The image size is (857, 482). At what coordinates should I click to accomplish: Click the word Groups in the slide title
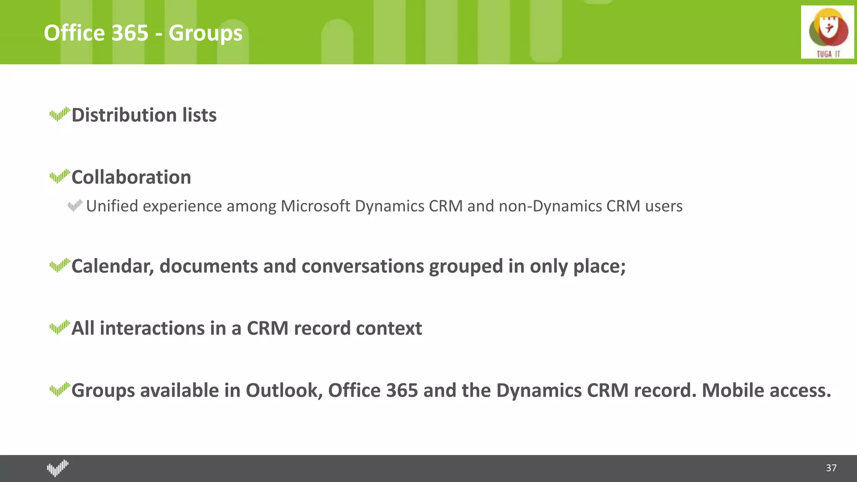pyautogui.click(x=205, y=33)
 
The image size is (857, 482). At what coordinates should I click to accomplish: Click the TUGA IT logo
pyautogui.click(x=827, y=32)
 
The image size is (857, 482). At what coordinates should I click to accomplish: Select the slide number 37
pyautogui.click(x=831, y=468)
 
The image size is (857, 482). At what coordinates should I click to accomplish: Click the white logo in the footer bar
pyautogui.click(x=58, y=468)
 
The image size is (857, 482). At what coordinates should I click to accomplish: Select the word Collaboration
pyautogui.click(x=131, y=177)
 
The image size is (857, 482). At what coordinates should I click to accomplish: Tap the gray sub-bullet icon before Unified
pyautogui.click(x=75, y=205)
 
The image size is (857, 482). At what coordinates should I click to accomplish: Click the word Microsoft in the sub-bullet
pyautogui.click(x=315, y=206)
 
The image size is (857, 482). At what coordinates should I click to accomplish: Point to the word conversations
pyautogui.click(x=362, y=267)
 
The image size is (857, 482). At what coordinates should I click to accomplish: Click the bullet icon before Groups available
pyautogui.click(x=59, y=390)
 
